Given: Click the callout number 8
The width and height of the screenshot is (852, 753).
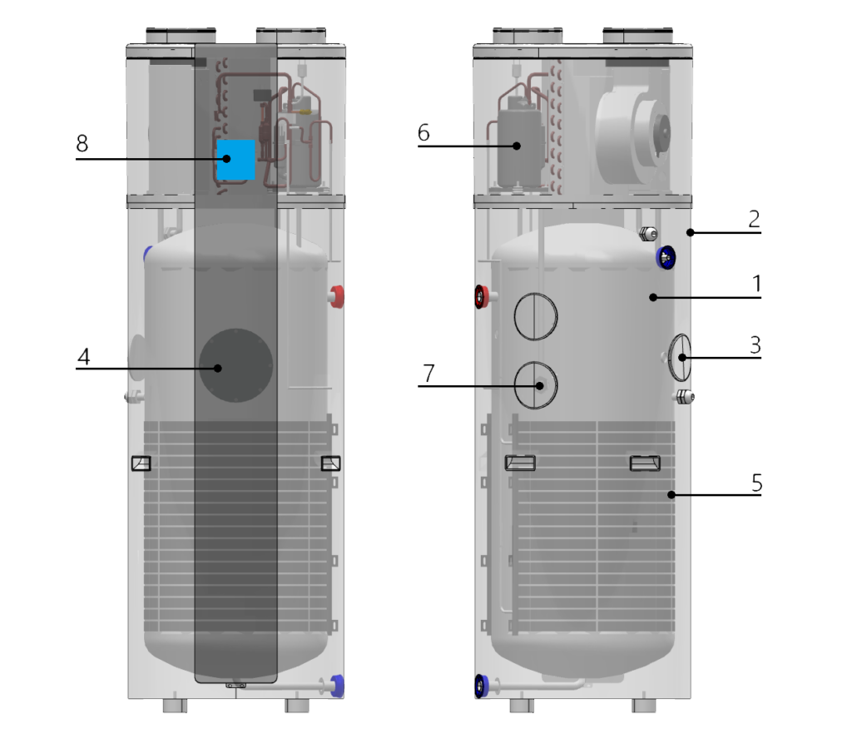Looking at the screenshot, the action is tap(82, 143).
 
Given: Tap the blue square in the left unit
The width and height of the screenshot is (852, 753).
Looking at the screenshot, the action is tap(235, 160).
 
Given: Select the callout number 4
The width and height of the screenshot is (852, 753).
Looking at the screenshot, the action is tap(84, 357).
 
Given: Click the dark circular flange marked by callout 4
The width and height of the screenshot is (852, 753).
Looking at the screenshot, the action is tap(235, 365).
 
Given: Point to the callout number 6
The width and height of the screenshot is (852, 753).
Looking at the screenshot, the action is tap(424, 132).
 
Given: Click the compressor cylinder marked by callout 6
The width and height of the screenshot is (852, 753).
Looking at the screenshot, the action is tap(519, 146).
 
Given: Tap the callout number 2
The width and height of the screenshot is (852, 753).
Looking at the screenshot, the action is tap(754, 219).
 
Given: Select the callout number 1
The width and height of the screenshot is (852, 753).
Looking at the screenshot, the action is tap(756, 284).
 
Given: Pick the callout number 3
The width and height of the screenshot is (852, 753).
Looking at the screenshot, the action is tap(755, 345).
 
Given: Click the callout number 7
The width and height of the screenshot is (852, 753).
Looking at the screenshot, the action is tap(429, 374).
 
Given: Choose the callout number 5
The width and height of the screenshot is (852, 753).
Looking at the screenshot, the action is tap(757, 483).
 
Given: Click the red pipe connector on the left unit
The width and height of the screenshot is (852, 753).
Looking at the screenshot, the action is tap(337, 296).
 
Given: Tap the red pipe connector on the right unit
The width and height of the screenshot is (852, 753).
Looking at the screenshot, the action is tap(483, 297).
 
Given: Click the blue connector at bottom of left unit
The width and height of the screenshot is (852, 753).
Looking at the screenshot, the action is tap(337, 686).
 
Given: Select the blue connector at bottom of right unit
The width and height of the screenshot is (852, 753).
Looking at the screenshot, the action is tap(482, 686).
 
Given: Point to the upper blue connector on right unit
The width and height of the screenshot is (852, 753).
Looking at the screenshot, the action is tap(666, 258).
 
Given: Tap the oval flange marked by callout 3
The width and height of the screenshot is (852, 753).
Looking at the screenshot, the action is tap(680, 358).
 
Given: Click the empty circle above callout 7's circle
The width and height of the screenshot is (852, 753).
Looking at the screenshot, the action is tap(536, 316).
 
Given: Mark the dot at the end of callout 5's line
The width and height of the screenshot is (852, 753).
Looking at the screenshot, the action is tap(671, 494).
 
